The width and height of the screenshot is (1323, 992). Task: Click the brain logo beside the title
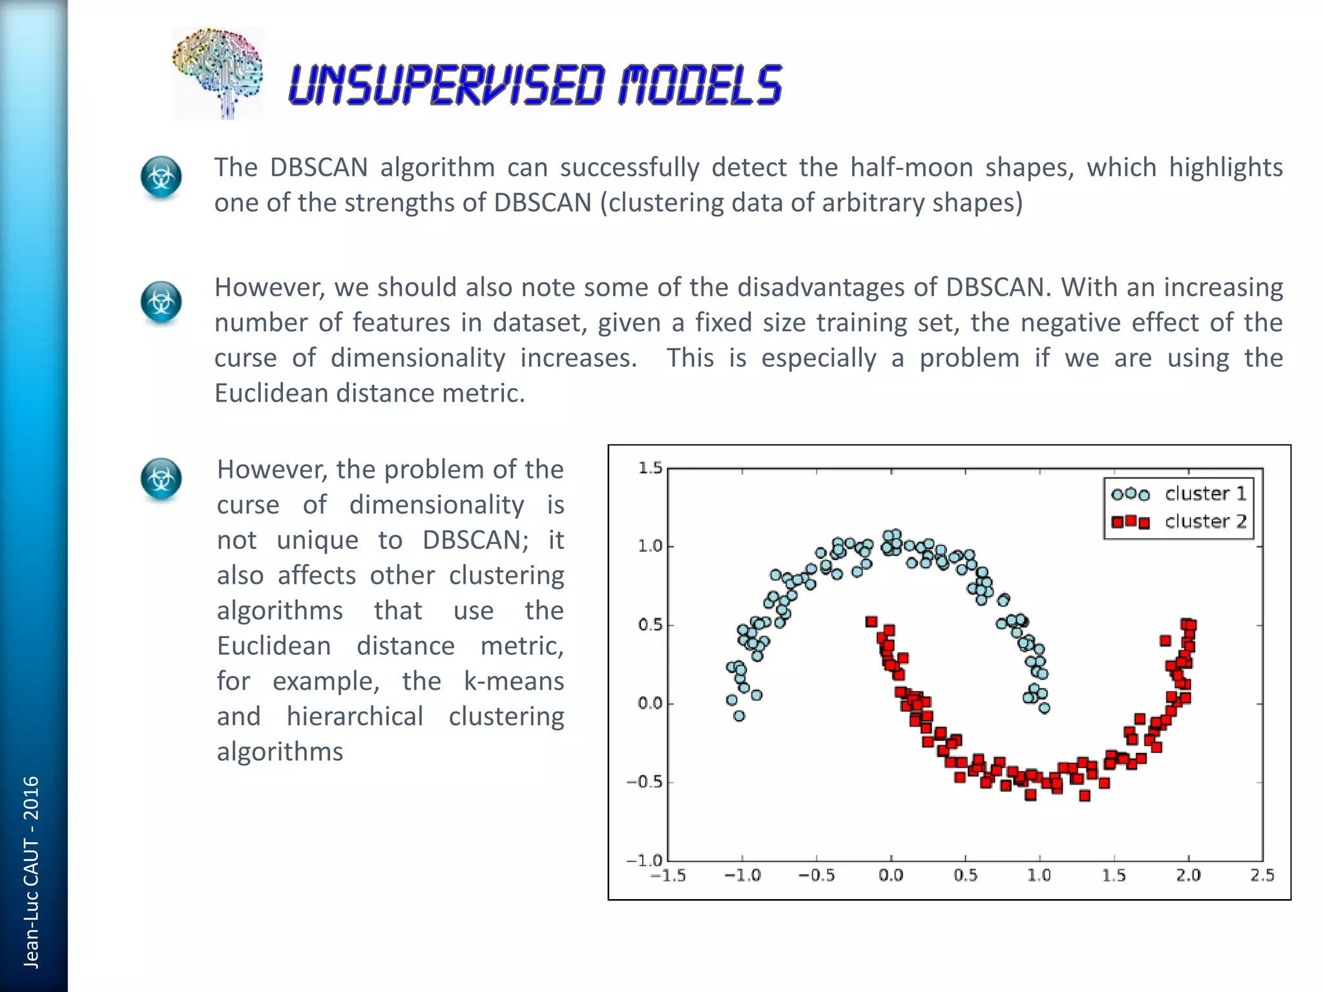tap(218, 73)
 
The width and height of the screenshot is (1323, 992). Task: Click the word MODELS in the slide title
tap(700, 86)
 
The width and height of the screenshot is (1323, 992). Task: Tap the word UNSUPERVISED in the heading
tap(446, 86)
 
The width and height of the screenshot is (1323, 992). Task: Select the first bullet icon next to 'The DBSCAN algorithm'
tap(161, 176)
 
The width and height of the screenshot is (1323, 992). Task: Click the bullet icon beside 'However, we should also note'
tap(161, 302)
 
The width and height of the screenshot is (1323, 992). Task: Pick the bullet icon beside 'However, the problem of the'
tap(161, 479)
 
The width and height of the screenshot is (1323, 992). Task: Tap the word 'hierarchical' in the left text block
tap(355, 717)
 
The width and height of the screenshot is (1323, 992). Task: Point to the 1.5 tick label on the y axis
tap(650, 468)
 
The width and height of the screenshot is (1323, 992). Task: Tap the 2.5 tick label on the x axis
tap(1262, 876)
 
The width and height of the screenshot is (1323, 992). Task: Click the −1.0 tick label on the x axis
tap(742, 876)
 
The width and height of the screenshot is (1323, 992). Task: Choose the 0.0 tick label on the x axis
tap(891, 876)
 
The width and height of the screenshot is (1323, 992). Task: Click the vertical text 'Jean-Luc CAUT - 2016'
tap(31, 872)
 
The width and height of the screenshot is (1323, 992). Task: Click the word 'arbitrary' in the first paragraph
tap(877, 203)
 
